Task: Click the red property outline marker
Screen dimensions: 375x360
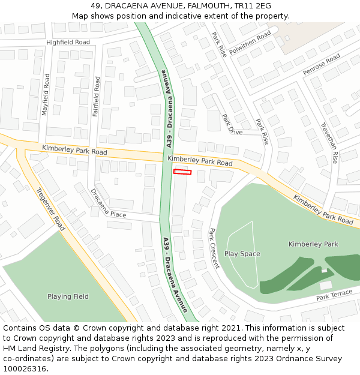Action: pos(182,172)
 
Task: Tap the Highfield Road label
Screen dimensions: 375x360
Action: pos(68,43)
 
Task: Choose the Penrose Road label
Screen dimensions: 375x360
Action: pos(322,64)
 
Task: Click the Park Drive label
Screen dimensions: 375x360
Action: pos(232,124)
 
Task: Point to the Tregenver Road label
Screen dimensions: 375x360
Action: pos(50,209)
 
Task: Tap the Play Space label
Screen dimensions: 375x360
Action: pos(242,254)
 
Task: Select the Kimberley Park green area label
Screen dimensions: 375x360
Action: pos(313,244)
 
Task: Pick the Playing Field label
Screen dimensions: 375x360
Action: pos(68,296)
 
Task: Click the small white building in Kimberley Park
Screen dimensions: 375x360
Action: pos(326,285)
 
